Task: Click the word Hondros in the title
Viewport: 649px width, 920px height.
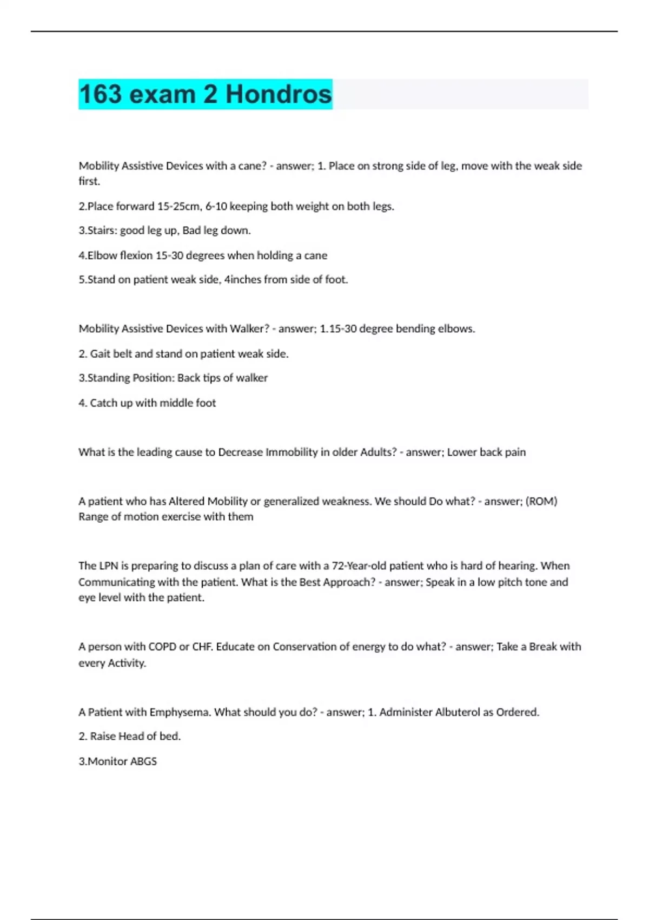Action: click(x=278, y=94)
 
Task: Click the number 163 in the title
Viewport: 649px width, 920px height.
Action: click(x=101, y=94)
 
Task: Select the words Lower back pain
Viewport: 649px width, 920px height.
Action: click(x=486, y=452)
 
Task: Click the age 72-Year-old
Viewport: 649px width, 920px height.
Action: click(x=358, y=566)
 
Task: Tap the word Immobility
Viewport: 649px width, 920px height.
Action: click(x=291, y=452)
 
